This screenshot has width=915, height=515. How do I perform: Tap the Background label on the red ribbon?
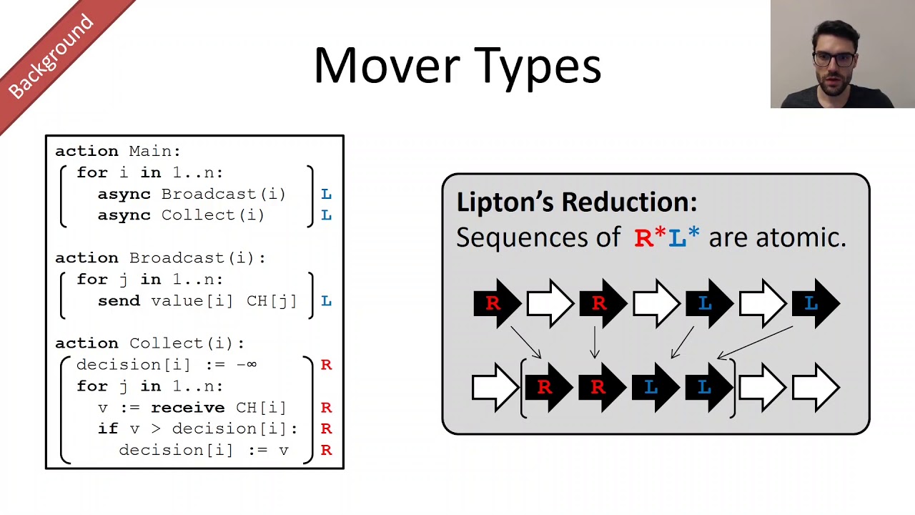(51, 57)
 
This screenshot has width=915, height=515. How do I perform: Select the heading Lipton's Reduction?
(576, 202)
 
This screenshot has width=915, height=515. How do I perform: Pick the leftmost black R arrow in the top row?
(497, 303)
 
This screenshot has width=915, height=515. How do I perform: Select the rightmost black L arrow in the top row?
(815, 303)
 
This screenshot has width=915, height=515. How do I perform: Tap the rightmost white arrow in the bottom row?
(815, 388)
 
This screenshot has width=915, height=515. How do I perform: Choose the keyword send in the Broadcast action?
(119, 301)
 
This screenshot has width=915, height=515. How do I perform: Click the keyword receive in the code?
(187, 408)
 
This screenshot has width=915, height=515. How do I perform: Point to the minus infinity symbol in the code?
(246, 365)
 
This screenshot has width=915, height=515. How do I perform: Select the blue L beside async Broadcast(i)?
(326, 195)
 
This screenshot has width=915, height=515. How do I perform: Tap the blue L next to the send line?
(326, 301)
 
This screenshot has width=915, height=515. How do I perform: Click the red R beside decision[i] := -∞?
(326, 365)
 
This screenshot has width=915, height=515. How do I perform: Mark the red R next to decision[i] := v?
(326, 451)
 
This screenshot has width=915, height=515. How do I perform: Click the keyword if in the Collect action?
(108, 429)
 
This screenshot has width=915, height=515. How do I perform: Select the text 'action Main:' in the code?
(118, 152)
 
